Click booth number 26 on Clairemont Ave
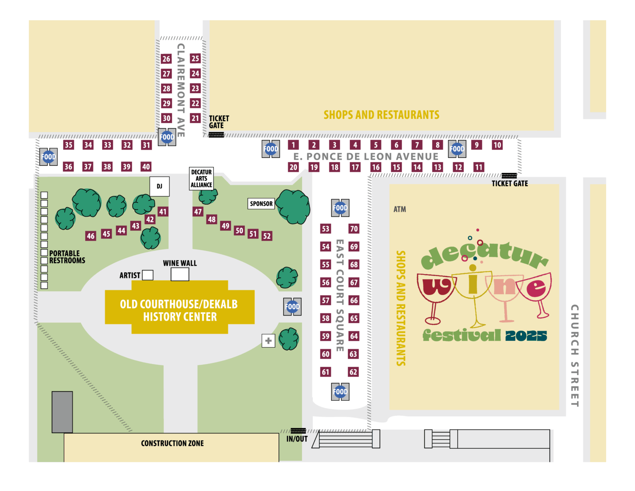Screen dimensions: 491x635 tap(166, 59)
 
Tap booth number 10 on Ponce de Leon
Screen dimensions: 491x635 tap(497, 145)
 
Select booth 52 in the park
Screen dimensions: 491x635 tap(267, 236)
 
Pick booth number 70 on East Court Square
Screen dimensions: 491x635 tap(354, 229)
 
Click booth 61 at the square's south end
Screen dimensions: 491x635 tap(326, 372)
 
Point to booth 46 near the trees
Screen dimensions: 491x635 tap(91, 236)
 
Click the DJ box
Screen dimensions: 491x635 tap(159, 186)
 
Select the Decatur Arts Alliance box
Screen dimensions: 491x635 tap(201, 178)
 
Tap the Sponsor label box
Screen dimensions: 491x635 tap(261, 204)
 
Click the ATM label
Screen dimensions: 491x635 tap(399, 209)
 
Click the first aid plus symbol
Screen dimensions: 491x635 tap(268, 340)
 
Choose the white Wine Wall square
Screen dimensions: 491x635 tap(180, 274)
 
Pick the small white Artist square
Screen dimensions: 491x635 tap(148, 275)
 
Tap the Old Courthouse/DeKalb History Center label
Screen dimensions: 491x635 tap(179, 310)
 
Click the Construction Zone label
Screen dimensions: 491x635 tap(172, 443)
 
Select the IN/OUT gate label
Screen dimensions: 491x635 tap(297, 439)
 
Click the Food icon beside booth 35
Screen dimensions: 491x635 tap(49, 157)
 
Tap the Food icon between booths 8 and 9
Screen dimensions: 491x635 tap(457, 149)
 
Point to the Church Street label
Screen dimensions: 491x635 tap(575, 356)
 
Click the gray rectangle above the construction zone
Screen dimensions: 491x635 tap(62, 412)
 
